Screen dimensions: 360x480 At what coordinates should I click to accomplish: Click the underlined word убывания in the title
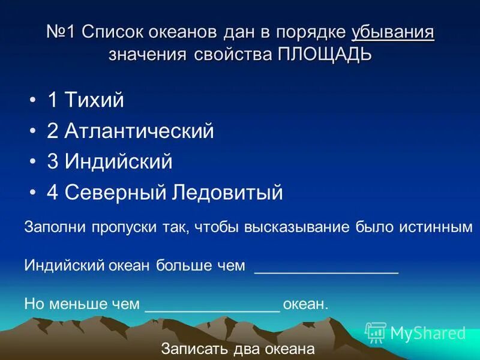pos(393,32)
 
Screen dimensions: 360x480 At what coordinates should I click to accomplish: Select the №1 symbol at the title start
pos(61,32)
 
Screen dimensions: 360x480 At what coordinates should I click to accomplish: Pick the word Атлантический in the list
pos(139,131)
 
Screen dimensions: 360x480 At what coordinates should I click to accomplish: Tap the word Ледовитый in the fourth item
pos(227,193)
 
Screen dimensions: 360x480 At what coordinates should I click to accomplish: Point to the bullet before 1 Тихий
pos(33,100)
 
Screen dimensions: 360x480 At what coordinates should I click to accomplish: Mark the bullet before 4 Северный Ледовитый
pos(33,193)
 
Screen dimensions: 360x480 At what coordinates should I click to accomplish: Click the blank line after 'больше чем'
pos(327,268)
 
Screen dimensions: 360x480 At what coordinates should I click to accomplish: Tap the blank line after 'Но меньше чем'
pos(213,306)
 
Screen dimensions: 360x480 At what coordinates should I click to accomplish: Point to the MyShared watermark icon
pos(375,332)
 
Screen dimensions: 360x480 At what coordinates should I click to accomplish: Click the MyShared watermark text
pos(428,333)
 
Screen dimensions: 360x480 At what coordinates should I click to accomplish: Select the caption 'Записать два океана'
pos(238,349)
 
